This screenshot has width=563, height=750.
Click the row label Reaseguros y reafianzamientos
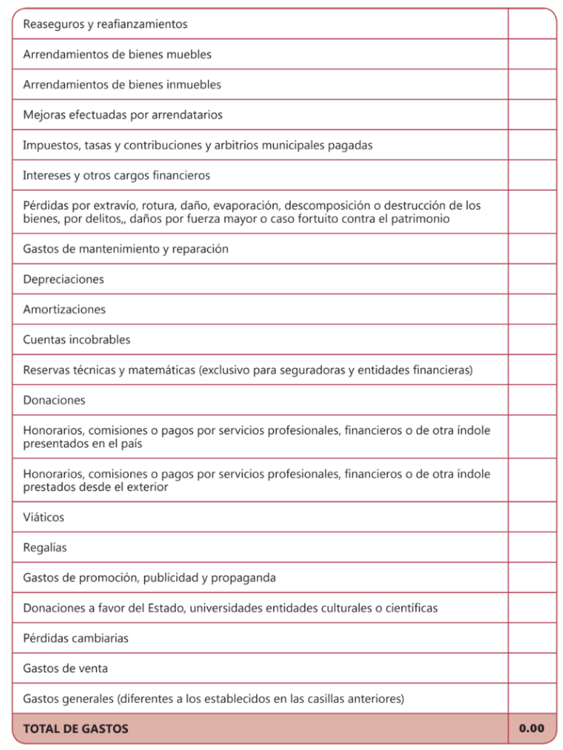105,24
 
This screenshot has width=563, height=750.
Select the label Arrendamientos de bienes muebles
117,54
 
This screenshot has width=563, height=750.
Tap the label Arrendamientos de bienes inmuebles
122,85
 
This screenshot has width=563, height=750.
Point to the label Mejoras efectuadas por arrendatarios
123,115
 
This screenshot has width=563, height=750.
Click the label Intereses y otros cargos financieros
116,176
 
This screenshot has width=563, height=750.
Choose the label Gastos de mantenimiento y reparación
126,249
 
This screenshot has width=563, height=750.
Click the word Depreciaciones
64,279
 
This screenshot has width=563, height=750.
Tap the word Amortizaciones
64,310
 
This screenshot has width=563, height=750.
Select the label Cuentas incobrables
77,340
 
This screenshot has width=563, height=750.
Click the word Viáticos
44,517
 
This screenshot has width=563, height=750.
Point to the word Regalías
45,548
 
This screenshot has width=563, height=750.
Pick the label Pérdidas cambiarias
76,638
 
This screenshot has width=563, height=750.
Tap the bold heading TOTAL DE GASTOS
76,729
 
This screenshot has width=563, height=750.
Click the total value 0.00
532,728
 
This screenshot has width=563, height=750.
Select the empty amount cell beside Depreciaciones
532,279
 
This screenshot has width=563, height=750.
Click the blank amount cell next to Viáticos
532,517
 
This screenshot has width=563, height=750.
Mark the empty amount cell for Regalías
532,548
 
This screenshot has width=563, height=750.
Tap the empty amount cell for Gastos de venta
532,669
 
